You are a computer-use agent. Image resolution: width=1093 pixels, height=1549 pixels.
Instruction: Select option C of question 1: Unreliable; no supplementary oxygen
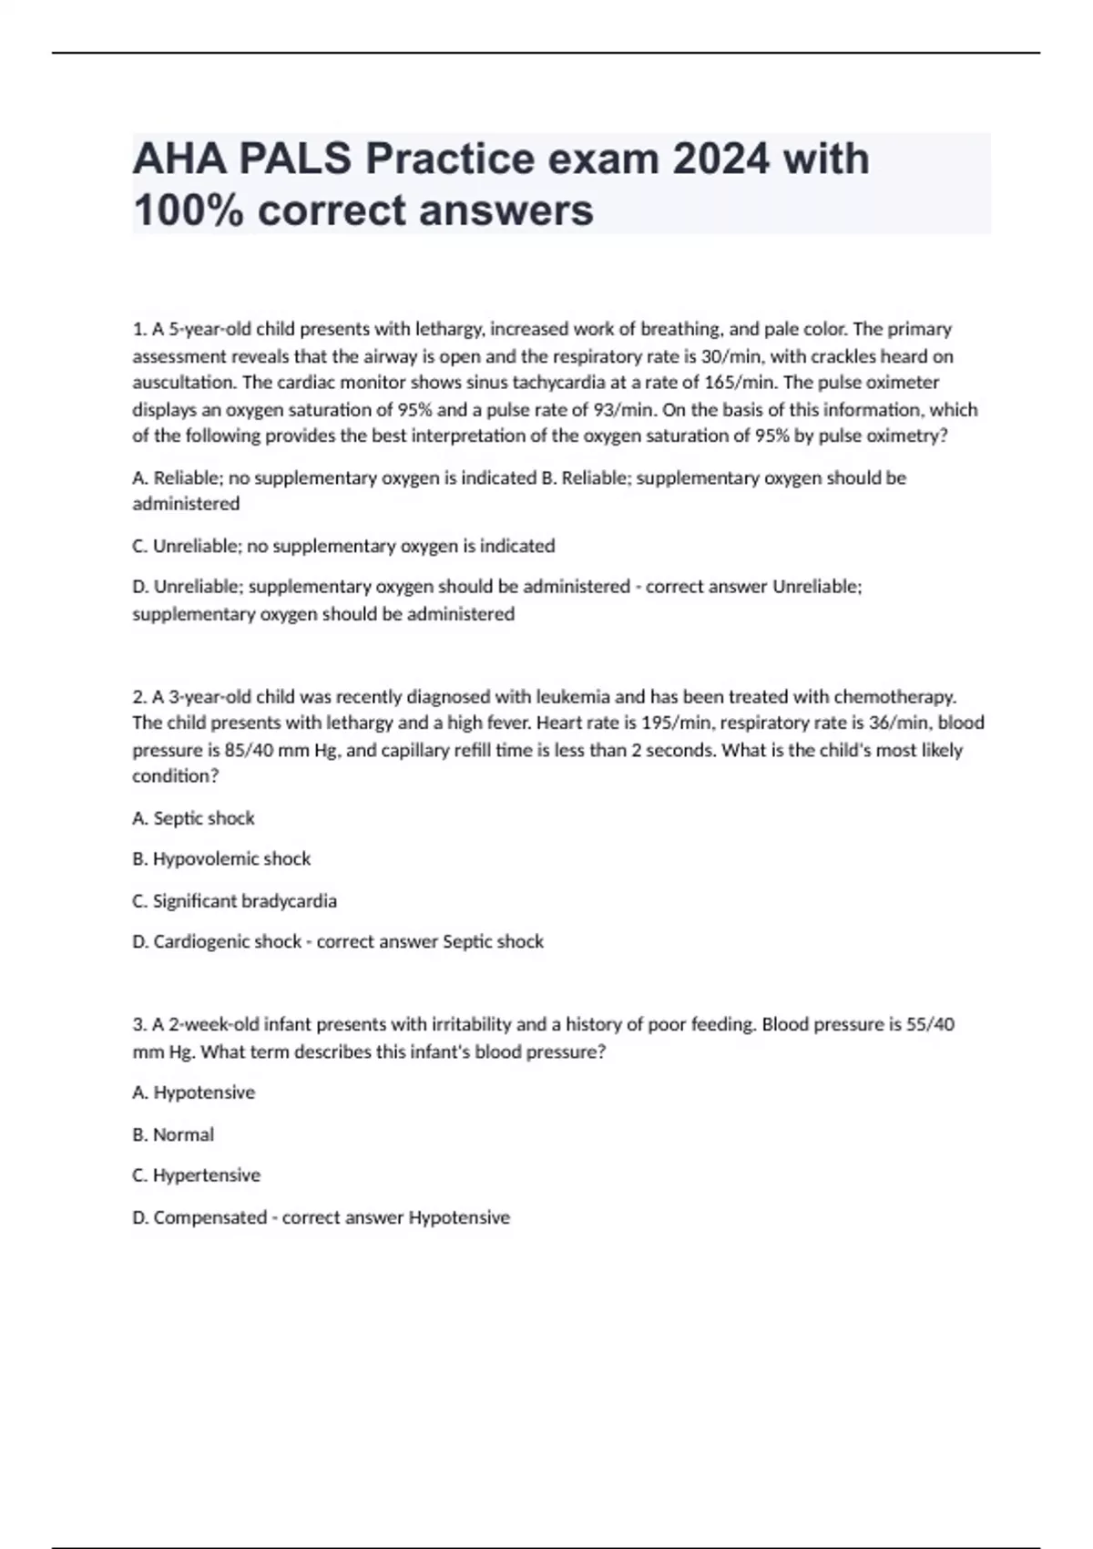(343, 546)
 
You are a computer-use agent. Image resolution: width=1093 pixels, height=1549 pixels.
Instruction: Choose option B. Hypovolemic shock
(221, 858)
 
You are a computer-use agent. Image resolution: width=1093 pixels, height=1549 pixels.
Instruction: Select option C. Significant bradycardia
(234, 900)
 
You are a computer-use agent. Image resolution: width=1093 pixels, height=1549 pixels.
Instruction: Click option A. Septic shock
(193, 818)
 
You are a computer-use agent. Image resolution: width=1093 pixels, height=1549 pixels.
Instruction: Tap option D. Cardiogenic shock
(217, 941)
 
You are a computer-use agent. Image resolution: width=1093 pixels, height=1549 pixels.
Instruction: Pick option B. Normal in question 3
(173, 1134)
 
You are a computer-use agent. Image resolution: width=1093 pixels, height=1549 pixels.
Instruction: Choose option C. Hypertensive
(196, 1175)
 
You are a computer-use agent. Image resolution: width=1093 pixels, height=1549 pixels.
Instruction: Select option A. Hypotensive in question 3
(193, 1093)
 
